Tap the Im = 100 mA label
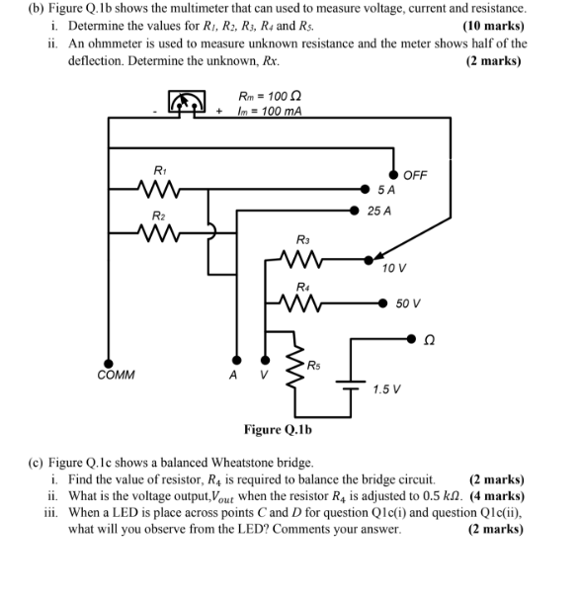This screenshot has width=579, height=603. (269, 110)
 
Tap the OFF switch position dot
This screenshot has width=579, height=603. (393, 175)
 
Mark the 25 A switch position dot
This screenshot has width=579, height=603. (357, 211)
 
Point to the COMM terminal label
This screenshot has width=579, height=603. (117, 376)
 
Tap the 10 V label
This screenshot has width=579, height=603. (394, 269)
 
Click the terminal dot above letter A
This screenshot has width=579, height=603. (234, 361)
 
